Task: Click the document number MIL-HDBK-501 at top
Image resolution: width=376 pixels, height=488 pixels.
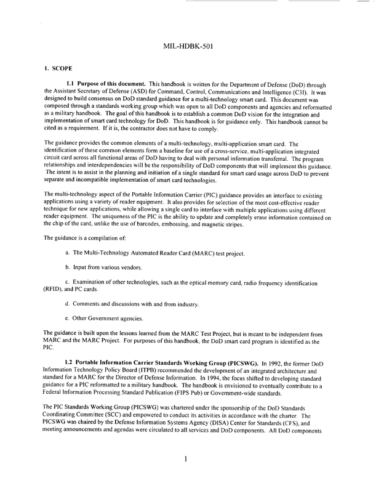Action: [189, 46]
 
